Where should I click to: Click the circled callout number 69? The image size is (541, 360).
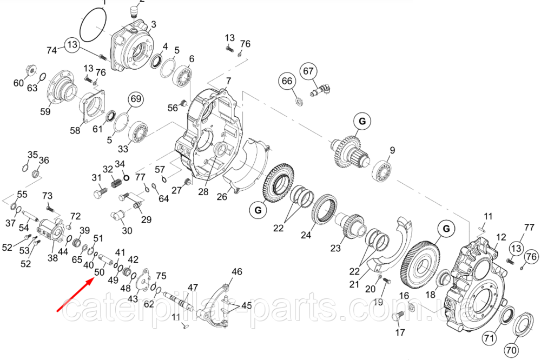point(136,99)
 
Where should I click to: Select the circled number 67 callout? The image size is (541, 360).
point(308,71)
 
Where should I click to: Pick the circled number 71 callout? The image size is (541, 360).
point(489,338)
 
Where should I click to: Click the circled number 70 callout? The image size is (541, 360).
point(511,350)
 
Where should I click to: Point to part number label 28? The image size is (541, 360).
point(203,191)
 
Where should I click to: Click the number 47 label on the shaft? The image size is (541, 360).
point(193,288)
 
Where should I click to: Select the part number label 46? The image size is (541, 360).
point(237,271)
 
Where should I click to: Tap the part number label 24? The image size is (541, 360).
point(306,235)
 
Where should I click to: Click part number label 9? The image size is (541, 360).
point(392,150)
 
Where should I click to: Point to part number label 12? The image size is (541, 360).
point(501,237)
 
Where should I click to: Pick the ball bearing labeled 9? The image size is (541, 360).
point(382,171)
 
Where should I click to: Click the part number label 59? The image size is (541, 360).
point(45,111)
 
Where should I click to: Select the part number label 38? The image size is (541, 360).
point(52,257)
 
